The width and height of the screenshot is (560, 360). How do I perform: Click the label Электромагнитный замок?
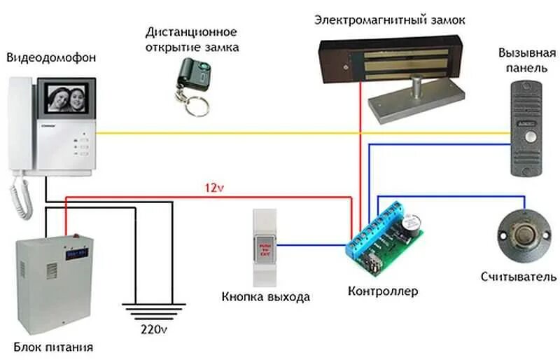390,22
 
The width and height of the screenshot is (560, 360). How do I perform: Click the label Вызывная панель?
527,61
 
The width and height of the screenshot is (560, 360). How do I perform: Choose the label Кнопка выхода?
265,296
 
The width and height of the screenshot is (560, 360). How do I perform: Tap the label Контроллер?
383,291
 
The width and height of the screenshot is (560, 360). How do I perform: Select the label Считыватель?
519,277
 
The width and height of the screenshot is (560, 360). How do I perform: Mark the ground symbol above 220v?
154,309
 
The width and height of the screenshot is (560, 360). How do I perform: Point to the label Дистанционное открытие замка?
192,40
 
